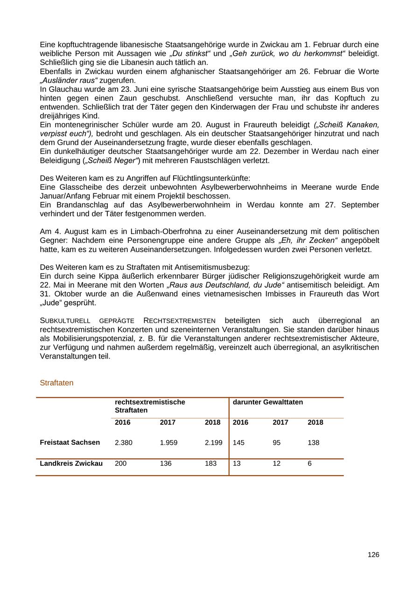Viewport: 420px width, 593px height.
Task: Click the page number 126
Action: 373,555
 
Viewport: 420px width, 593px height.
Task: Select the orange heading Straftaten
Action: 56,383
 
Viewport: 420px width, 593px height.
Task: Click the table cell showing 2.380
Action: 124,442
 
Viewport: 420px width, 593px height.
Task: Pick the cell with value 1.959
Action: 168,442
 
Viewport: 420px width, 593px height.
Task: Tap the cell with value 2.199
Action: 213,442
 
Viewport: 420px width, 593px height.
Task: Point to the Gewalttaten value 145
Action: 238,442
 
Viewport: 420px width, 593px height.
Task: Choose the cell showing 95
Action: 277,442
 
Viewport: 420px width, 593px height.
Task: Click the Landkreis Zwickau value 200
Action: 120,464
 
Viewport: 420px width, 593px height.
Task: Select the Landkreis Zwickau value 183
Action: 210,464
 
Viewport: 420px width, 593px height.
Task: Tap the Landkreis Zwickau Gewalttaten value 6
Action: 310,464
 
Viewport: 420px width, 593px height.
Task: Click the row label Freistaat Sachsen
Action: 70,442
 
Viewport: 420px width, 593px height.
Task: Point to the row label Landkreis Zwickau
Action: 71,464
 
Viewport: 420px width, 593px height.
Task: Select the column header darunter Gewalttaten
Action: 267,402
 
